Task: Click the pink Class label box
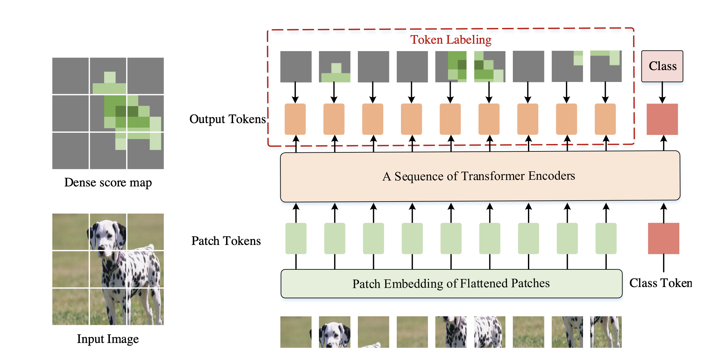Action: pyautogui.click(x=662, y=66)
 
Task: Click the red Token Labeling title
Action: pyautogui.click(x=451, y=40)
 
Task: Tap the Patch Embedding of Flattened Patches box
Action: pyautogui.click(x=451, y=283)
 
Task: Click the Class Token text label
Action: pyautogui.click(x=660, y=283)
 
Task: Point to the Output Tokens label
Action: pyautogui.click(x=227, y=119)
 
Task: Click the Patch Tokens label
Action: pyautogui.click(x=226, y=241)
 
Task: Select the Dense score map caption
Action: pyautogui.click(x=108, y=183)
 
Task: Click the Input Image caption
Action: pyautogui.click(x=108, y=339)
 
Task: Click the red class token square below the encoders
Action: pyautogui.click(x=663, y=239)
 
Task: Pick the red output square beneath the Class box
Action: pyautogui.click(x=662, y=119)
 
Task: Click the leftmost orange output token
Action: pyautogui.click(x=295, y=119)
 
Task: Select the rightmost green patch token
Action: pyautogui.click(x=606, y=239)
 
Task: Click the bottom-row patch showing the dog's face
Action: pyautogui.click(x=334, y=332)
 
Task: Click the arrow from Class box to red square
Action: pyautogui.click(x=662, y=93)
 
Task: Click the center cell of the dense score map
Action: pyautogui.click(x=108, y=113)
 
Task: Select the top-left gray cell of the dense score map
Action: pyautogui.click(x=70, y=76)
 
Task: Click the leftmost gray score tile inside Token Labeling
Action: pyautogui.click(x=296, y=67)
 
